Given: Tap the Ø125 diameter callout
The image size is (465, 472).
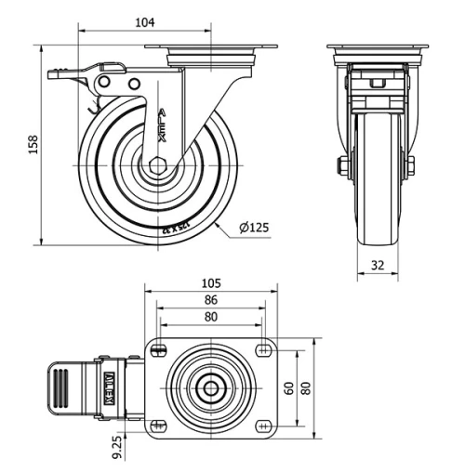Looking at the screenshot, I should click(x=255, y=226).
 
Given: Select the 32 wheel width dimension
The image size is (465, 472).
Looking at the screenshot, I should click(x=378, y=265).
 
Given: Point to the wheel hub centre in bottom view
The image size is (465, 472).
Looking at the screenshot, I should click(x=211, y=387).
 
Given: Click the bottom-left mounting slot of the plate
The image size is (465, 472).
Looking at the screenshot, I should click(x=157, y=426).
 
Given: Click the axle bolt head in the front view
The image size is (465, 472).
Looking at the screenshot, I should click(x=344, y=167).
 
